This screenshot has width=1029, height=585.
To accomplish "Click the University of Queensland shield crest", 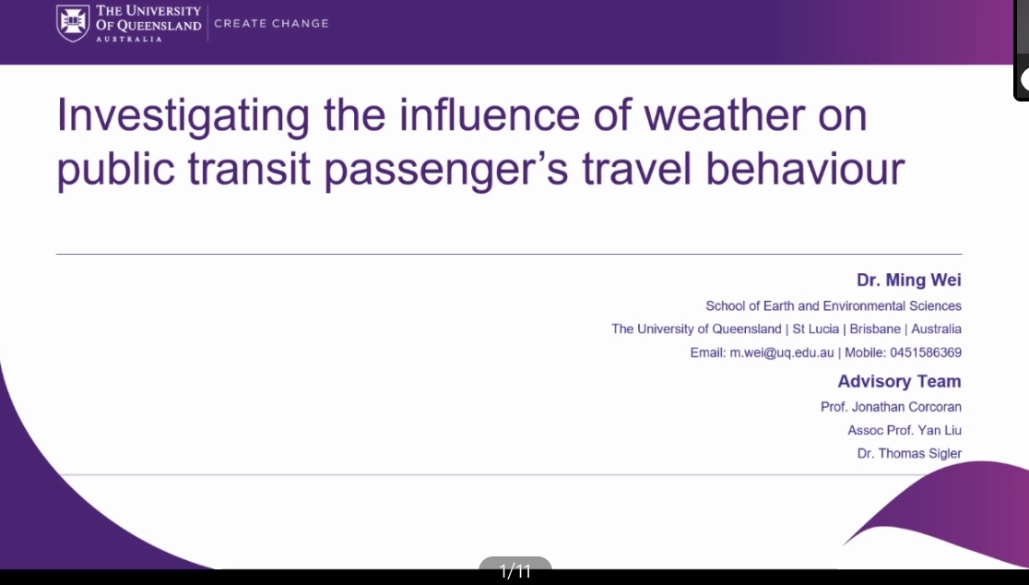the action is point(73,23).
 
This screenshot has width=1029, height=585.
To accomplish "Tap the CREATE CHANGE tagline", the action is point(271,23).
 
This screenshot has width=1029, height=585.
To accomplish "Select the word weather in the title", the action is point(724,115).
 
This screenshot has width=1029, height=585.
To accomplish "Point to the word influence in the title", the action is point(490,115).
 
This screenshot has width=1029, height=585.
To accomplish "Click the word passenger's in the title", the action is point(446,170).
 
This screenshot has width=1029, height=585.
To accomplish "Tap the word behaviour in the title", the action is point(805,168).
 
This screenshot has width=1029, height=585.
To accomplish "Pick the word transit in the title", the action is point(249,168).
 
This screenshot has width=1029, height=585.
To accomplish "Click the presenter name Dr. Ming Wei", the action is point(909,280).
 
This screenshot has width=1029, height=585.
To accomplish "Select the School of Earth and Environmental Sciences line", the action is point(834,306).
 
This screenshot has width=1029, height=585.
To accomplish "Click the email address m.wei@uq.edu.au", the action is point(782,352).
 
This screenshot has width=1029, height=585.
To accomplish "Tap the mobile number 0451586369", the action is point(926,352).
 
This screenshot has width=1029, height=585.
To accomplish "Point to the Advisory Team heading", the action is point(899,381).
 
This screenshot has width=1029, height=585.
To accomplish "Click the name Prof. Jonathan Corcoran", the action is point(891,407).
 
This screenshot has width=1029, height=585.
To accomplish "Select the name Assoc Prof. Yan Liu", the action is point(905,431).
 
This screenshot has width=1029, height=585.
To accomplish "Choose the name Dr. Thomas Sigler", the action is point(909,454).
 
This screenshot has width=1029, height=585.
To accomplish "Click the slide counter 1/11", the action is point(515,571).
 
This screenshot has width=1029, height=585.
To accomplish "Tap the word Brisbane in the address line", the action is point(875,328).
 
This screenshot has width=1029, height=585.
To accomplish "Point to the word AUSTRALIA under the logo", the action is point(129,39).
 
